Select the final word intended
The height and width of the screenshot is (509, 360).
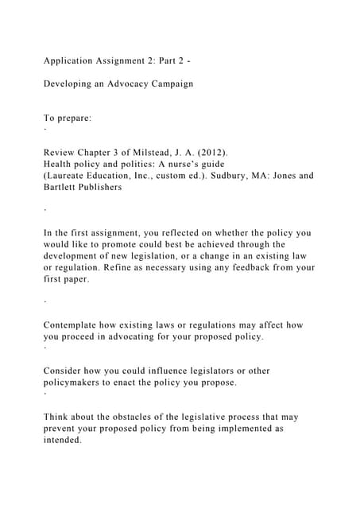coord(62,440)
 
